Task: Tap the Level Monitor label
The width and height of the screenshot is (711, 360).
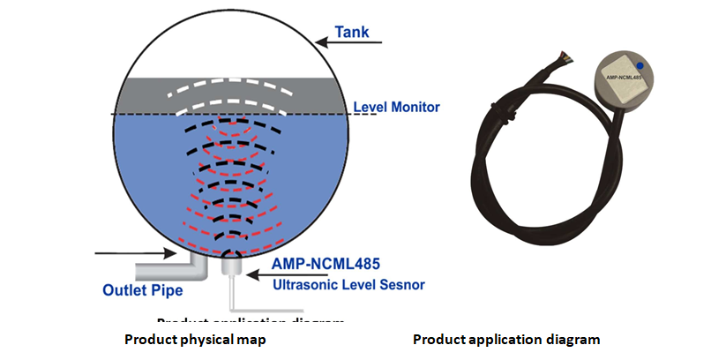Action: (396, 108)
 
